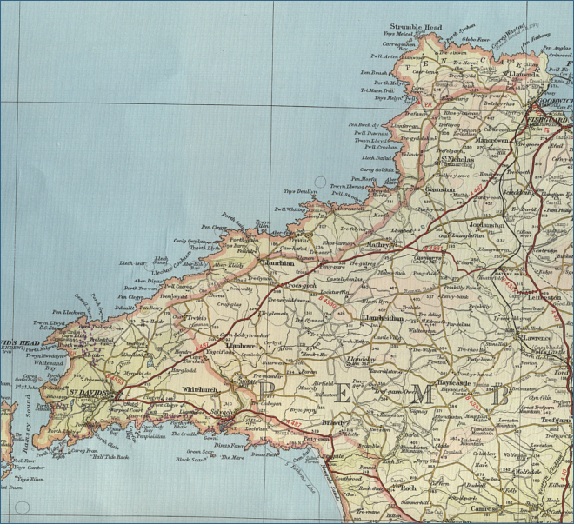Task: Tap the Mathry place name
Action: pyautogui.click(x=380, y=246)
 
